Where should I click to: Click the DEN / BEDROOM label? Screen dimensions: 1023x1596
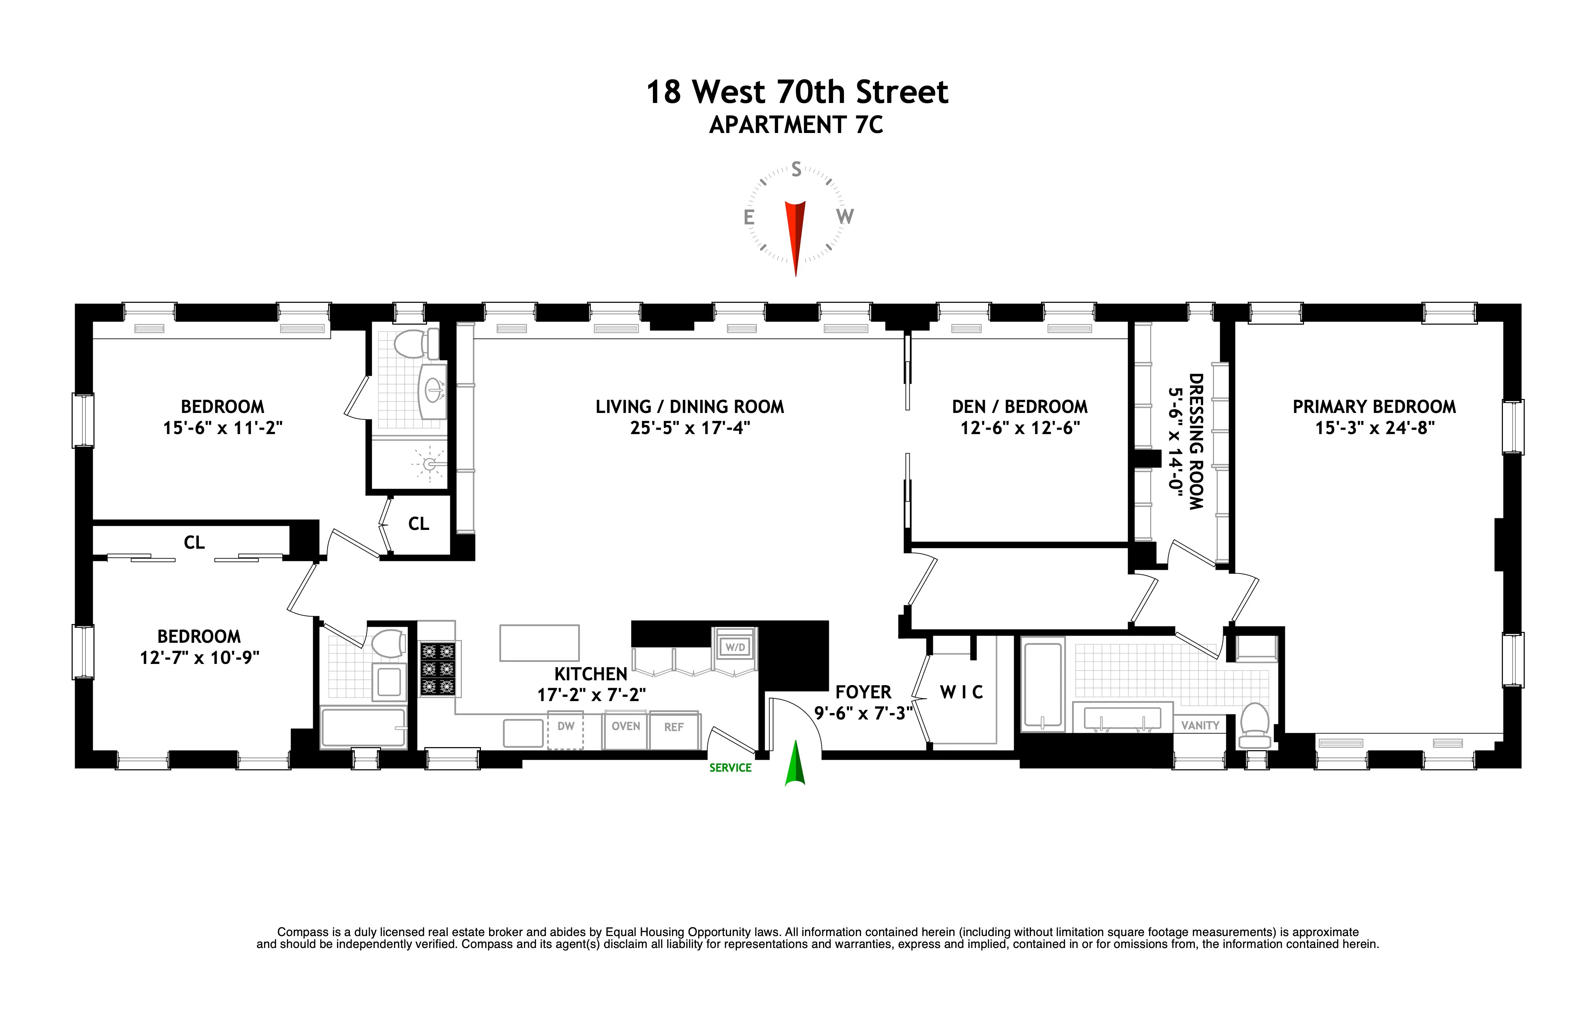1019,406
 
